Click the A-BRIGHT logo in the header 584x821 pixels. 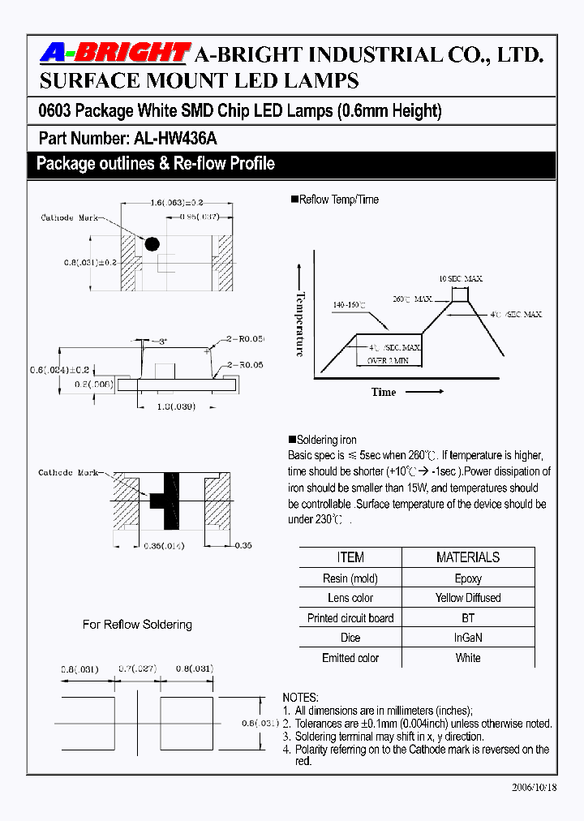coord(115,54)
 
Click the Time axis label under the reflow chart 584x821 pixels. coord(384,392)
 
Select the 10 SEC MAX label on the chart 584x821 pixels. coord(460,278)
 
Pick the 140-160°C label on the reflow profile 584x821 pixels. coord(349,305)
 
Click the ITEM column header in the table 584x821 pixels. coord(350,557)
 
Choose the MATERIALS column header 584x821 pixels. coord(468,557)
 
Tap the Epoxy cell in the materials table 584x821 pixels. coord(468,578)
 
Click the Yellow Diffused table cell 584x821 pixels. coord(468,598)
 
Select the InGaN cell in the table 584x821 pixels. coord(468,638)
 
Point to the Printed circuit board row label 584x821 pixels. coord(350,618)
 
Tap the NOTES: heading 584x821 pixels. coord(300,698)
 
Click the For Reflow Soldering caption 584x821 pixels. coord(137,625)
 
